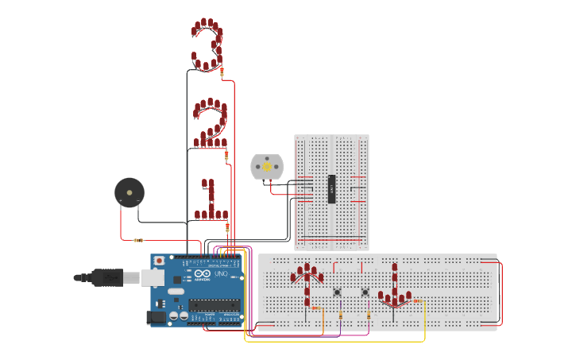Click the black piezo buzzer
(x=129, y=192)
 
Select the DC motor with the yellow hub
(x=267, y=167)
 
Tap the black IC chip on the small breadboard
(x=332, y=189)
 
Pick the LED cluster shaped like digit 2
(x=211, y=124)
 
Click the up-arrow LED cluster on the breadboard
(x=307, y=281)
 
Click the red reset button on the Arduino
(x=159, y=260)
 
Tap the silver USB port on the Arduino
(x=152, y=277)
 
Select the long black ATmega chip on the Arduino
(x=214, y=304)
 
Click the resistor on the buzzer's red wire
(x=138, y=239)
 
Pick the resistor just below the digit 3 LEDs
(x=222, y=72)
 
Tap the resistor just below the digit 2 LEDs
(x=226, y=156)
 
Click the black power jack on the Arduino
(x=157, y=317)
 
